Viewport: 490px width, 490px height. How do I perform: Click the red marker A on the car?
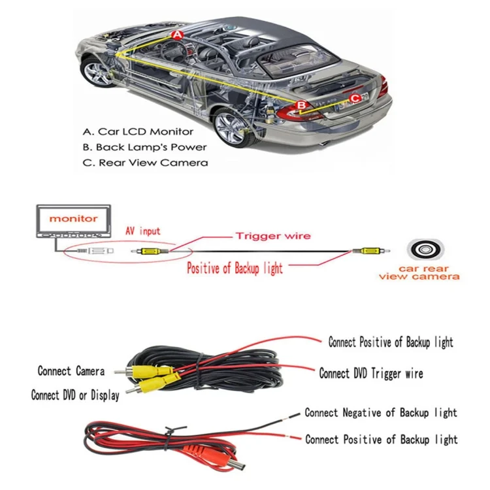(x=177, y=35)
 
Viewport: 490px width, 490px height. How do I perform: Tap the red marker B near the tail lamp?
(x=301, y=105)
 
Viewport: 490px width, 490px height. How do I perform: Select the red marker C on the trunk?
(x=355, y=99)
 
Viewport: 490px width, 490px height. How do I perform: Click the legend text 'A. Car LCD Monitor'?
(x=138, y=131)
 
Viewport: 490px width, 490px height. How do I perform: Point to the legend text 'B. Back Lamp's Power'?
(x=144, y=147)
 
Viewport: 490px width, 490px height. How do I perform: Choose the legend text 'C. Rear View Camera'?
(x=145, y=163)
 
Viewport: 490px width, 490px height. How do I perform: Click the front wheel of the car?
(x=98, y=73)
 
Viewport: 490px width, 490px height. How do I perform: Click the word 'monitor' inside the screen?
(x=73, y=218)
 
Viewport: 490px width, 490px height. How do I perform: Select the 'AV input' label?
(x=143, y=231)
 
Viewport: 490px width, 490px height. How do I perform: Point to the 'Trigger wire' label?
(x=273, y=236)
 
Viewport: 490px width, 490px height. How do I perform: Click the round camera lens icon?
(x=425, y=250)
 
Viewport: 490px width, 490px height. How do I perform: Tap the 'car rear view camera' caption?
(x=419, y=272)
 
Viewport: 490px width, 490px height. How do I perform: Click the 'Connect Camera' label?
(x=71, y=371)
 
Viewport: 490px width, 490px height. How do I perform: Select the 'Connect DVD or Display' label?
(x=75, y=395)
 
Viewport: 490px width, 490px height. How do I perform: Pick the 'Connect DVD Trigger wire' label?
(x=371, y=373)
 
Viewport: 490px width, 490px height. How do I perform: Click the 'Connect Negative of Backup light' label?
(x=381, y=413)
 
